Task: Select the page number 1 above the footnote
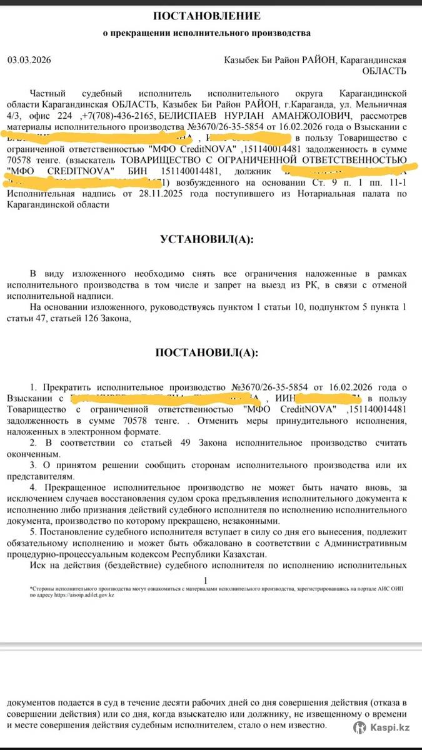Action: coord(206,580)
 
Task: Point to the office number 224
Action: coord(64,116)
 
